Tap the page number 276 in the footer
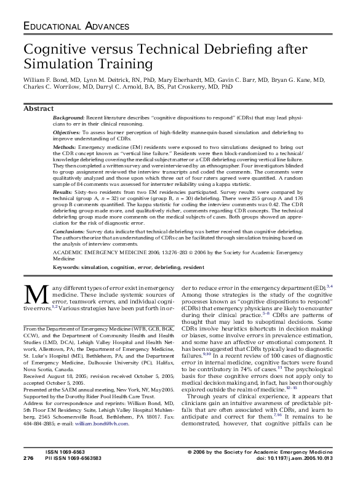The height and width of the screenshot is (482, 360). coord(28,475)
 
